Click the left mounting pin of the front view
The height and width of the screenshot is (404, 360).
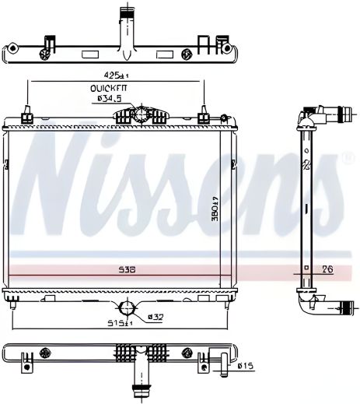point(27,118)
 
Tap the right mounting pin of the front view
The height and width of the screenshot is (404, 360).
point(205,118)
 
